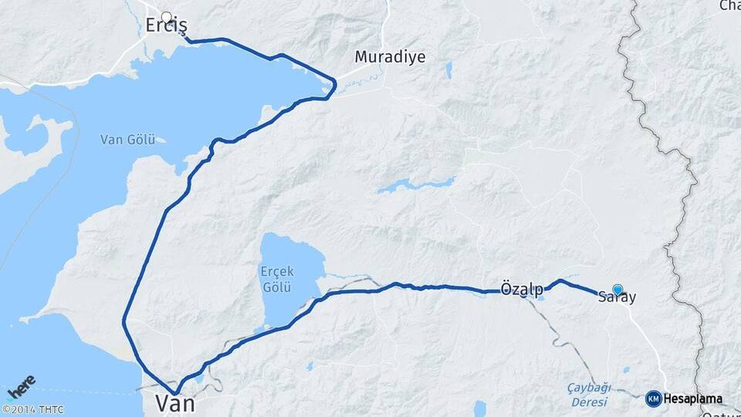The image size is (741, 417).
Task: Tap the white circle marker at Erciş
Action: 166,16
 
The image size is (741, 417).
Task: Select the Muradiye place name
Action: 390,56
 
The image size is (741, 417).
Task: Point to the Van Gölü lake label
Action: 127,140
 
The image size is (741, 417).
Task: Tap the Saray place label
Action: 617,297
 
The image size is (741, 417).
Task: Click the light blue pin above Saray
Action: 617,289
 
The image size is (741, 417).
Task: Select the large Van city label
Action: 174,403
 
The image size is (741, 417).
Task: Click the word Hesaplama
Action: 693,399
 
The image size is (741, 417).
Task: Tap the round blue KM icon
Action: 653,399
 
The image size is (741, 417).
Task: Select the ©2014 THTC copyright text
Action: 32,409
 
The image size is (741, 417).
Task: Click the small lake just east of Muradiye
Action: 448,70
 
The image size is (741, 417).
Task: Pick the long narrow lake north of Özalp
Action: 417,185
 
